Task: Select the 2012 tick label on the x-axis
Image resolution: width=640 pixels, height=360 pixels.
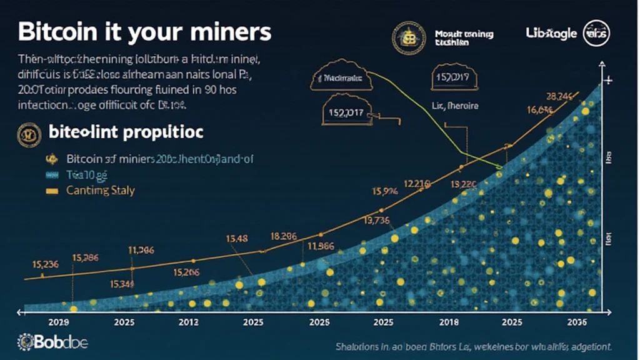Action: coord(189,322)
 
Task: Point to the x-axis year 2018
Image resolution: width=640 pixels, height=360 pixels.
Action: coord(449,322)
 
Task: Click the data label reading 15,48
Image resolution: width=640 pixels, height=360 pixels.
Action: coord(237,237)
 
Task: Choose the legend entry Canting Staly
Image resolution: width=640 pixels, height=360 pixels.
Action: coord(100,190)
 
